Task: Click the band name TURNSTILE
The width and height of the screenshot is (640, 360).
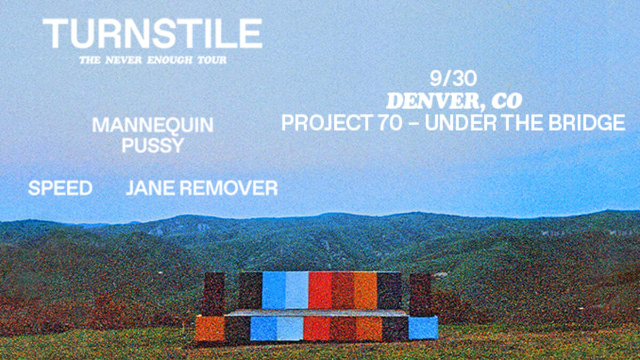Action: (153, 34)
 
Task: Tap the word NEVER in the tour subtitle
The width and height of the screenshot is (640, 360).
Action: (124, 60)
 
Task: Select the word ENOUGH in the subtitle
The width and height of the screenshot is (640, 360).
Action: (170, 60)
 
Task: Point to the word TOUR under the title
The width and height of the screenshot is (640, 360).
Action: (212, 60)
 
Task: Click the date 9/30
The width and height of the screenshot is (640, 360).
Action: (453, 78)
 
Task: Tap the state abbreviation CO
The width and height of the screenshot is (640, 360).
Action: (507, 101)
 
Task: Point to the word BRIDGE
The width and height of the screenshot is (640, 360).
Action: (586, 123)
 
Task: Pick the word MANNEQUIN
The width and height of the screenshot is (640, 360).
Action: (153, 125)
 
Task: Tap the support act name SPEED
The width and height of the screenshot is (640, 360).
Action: (60, 188)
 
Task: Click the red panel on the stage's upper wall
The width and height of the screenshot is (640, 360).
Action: (320, 291)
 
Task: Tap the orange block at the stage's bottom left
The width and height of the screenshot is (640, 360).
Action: (210, 329)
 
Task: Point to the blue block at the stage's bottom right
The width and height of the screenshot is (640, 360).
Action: (423, 327)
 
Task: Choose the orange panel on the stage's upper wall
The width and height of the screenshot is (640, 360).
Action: (366, 291)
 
